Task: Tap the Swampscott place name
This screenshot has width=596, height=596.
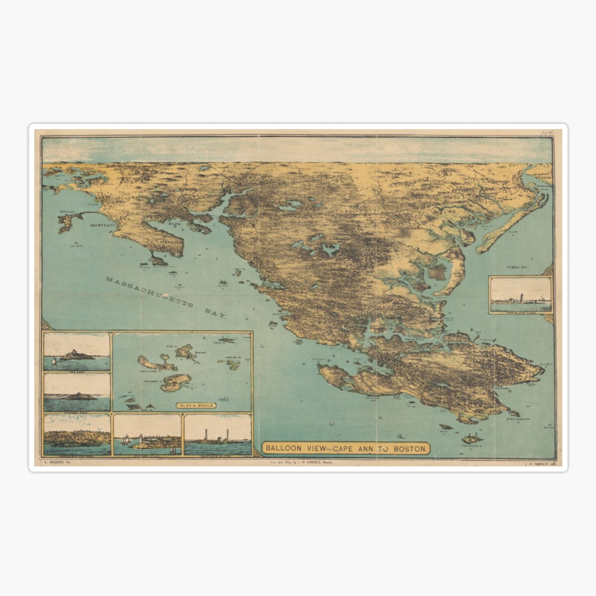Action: click(103, 225)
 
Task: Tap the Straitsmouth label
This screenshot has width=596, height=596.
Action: click(519, 421)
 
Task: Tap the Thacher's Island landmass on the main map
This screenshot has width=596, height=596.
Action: click(473, 438)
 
